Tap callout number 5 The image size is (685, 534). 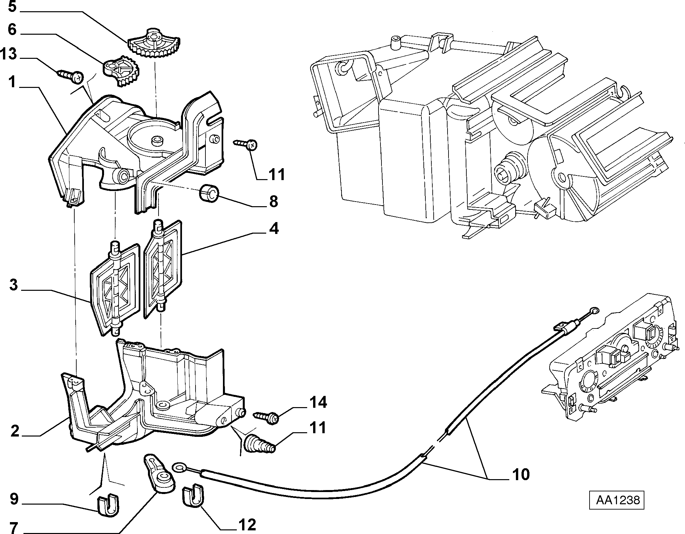tap(12, 6)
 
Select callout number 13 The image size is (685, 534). tap(9, 54)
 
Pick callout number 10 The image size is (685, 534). tap(521, 474)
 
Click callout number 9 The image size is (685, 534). tap(14, 499)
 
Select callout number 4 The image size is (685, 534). tap(274, 228)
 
